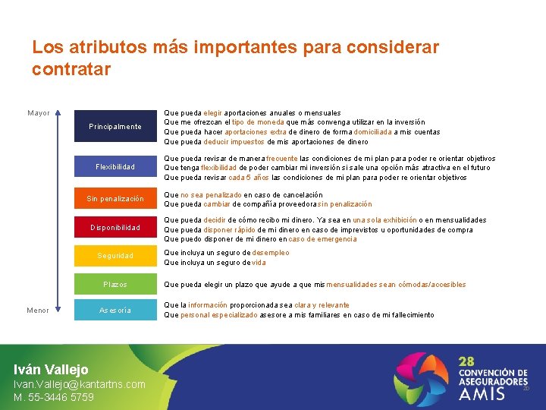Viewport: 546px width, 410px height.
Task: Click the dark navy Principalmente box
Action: point(115,126)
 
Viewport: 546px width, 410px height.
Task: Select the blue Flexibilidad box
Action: point(115,167)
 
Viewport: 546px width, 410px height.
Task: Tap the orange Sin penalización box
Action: point(115,199)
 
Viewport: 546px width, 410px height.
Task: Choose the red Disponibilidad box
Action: point(115,227)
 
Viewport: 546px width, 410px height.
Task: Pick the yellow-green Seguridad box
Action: point(115,256)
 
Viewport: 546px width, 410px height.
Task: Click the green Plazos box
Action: point(115,285)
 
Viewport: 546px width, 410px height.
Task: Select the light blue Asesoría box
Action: point(115,310)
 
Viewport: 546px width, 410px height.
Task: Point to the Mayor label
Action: point(39,113)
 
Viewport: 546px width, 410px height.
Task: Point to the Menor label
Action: point(38,310)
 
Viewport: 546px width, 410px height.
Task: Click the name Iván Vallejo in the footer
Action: point(51,369)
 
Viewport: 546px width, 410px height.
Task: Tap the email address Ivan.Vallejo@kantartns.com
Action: point(80,384)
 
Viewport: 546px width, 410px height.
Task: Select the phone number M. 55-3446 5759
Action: point(54,397)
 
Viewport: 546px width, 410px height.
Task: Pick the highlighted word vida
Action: point(259,263)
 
